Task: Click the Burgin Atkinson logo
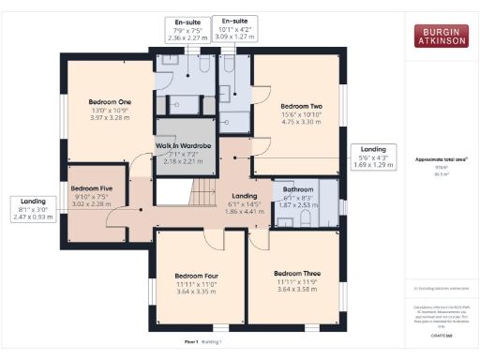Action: [x=441, y=36]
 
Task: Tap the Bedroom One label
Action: [x=110, y=101]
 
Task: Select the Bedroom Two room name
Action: [x=301, y=106]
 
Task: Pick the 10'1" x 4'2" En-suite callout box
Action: [x=233, y=30]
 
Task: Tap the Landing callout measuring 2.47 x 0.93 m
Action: [x=33, y=208]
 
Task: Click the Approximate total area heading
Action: [x=441, y=159]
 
